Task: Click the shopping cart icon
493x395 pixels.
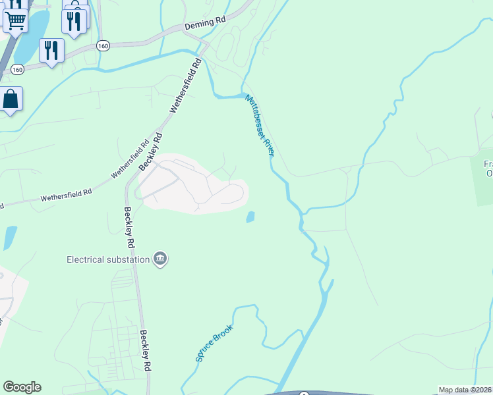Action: pos(15,20)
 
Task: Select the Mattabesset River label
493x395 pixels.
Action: pos(259,125)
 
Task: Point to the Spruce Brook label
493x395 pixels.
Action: pos(214,343)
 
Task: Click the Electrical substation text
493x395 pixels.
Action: pos(108,259)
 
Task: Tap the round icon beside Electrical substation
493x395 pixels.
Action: pos(159,259)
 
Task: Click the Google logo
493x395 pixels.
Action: pos(22,387)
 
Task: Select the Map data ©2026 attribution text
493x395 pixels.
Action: pos(465,390)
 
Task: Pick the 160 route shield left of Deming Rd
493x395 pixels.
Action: pos(102,45)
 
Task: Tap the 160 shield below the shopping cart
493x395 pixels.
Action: pos(18,68)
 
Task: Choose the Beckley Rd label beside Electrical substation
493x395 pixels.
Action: pos(130,228)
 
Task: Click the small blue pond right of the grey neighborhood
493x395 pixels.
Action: pos(250,217)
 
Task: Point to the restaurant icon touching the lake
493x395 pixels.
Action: pos(51,49)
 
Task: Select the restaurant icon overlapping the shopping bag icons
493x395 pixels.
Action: pos(74,21)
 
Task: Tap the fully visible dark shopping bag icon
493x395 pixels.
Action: pos(11,99)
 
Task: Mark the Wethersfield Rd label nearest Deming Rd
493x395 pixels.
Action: pos(185,86)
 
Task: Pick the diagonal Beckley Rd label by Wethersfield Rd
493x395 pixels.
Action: pos(150,151)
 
